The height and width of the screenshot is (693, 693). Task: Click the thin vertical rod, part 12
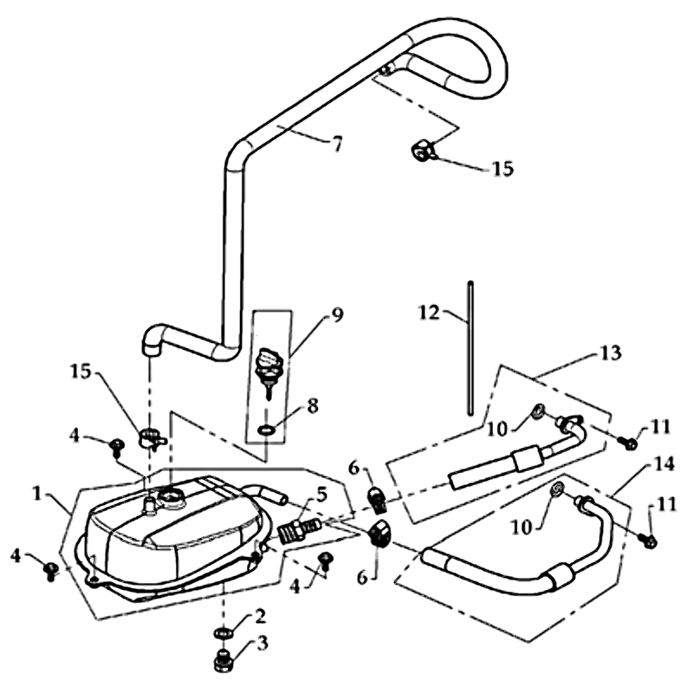click(469, 346)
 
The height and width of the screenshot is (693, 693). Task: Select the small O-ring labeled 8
click(267, 430)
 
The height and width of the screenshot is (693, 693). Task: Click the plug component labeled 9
click(267, 367)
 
